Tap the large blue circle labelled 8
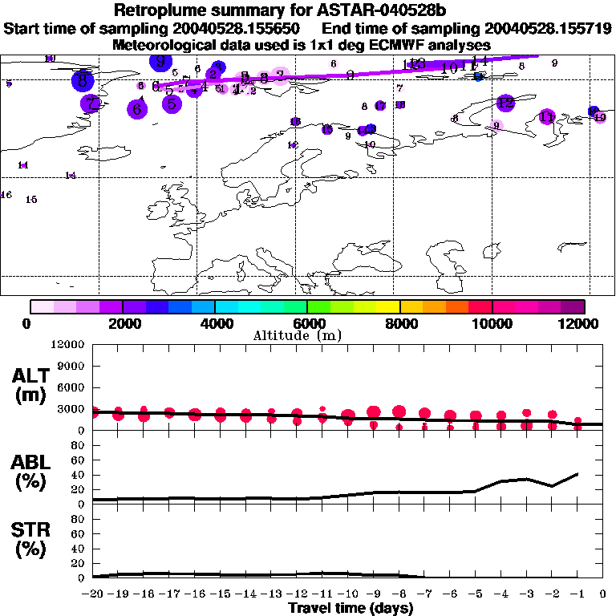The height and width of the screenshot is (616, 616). point(83,80)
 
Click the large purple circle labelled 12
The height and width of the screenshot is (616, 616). point(505,103)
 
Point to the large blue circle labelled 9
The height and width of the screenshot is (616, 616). point(161,61)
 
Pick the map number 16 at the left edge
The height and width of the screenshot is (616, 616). point(6,195)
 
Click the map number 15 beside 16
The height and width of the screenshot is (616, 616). point(31,199)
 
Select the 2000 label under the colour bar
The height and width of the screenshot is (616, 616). point(121,323)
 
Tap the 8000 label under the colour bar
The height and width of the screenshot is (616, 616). point(399,323)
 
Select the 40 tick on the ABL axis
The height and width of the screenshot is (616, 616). point(79,475)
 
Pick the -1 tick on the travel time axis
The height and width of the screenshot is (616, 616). point(577,595)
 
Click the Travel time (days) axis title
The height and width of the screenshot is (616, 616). point(351,609)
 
